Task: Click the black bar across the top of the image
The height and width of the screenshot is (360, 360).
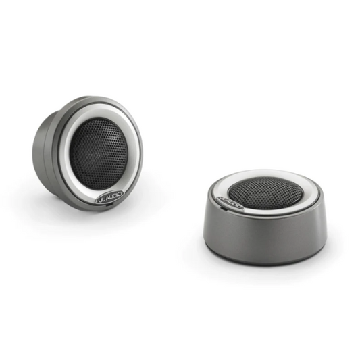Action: (x=180, y=27)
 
